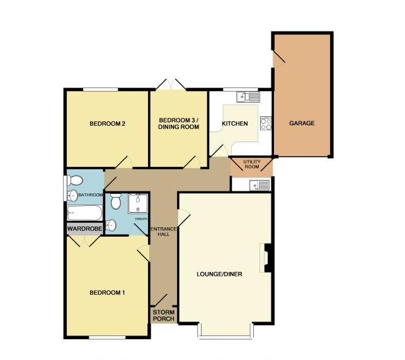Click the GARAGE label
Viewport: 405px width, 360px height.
pyautogui.click(x=302, y=123)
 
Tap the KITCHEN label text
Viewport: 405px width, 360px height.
pyautogui.click(x=234, y=124)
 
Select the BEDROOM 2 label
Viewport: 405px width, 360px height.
pyautogui.click(x=106, y=124)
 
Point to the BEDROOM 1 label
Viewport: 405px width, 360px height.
pyautogui.click(x=106, y=292)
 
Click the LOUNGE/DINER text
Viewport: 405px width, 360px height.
pyautogui.click(x=219, y=274)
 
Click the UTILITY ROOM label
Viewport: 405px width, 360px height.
pyautogui.click(x=251, y=165)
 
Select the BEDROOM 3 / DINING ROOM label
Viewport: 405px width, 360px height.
pyautogui.click(x=178, y=123)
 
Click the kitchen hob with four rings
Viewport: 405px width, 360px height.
pyautogui.click(x=266, y=123)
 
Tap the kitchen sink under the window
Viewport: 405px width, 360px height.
pyautogui.click(x=247, y=96)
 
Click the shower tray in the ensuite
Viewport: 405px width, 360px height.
pyautogui.click(x=137, y=203)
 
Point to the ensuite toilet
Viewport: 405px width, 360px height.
pyautogui.click(x=116, y=203)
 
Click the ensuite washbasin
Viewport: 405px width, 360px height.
pyautogui.click(x=111, y=225)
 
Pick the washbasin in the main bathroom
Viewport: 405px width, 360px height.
pyautogui.click(x=73, y=195)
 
